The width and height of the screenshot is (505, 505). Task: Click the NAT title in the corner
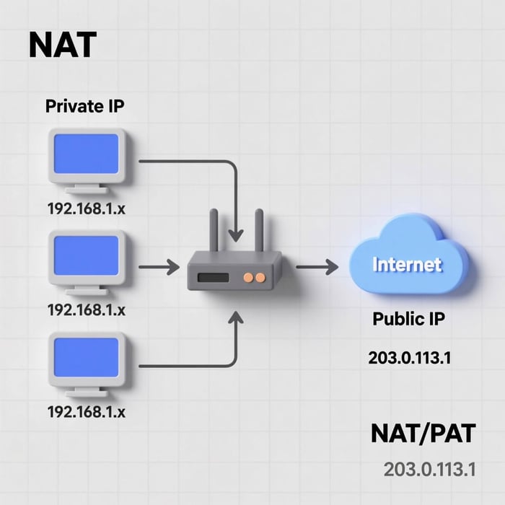[x=61, y=45]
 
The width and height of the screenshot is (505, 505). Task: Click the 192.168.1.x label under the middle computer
[x=86, y=309]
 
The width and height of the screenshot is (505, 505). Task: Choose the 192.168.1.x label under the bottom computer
[x=86, y=413]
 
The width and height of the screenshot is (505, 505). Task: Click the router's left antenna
[x=214, y=231]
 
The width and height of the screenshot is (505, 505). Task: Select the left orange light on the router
[x=248, y=277]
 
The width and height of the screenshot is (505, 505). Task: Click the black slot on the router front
[x=210, y=277]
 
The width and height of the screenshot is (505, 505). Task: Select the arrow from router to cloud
[x=317, y=268]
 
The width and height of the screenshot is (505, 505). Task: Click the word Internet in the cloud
[x=407, y=264]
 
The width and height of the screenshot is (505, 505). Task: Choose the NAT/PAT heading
[x=423, y=434]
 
